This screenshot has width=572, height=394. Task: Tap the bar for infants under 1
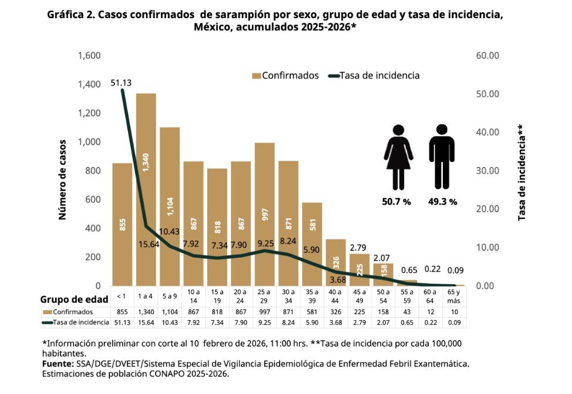[122, 224]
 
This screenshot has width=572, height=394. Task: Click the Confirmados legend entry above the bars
[285, 75]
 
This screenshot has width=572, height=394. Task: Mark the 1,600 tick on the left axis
[89, 56]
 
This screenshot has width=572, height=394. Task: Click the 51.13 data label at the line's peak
[122, 83]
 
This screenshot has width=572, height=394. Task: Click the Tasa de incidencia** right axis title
[521, 173]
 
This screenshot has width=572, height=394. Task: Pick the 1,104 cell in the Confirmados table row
[170, 312]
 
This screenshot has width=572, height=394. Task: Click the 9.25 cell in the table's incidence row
[264, 322]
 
